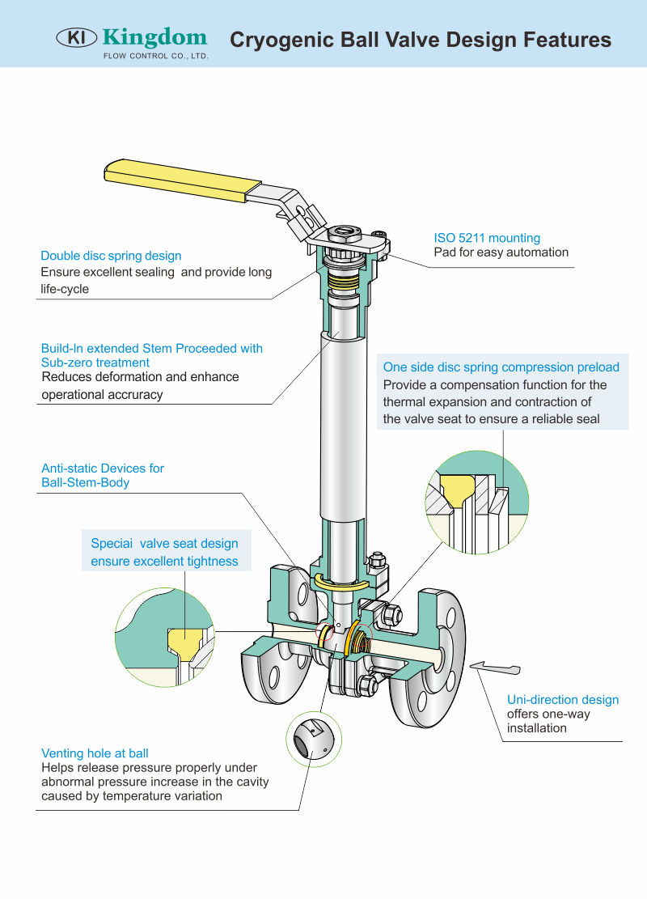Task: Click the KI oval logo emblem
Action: (76, 37)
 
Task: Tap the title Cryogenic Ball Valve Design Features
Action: (421, 40)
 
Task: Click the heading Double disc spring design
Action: (111, 256)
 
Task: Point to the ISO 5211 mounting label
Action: (487, 238)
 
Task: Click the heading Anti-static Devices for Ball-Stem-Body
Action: (103, 475)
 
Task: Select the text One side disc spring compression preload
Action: (501, 367)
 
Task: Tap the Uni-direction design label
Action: (562, 700)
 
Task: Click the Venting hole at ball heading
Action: (95, 753)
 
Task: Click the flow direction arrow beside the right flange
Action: (494, 667)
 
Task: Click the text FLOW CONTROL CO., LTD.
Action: (155, 57)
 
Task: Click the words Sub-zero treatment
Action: (95, 363)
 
